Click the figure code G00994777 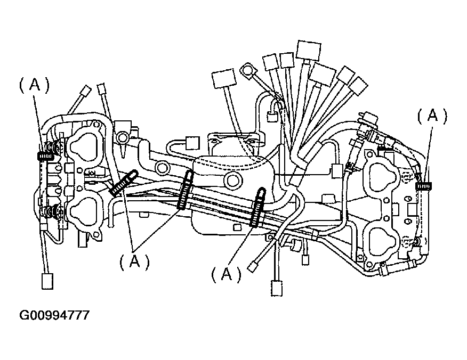(x=55, y=315)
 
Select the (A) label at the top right (x=432, y=116)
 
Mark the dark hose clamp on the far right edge (x=424, y=186)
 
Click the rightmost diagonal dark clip (x=258, y=207)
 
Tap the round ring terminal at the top (x=248, y=69)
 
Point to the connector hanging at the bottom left (x=47, y=280)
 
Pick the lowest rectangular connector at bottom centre (x=277, y=288)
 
